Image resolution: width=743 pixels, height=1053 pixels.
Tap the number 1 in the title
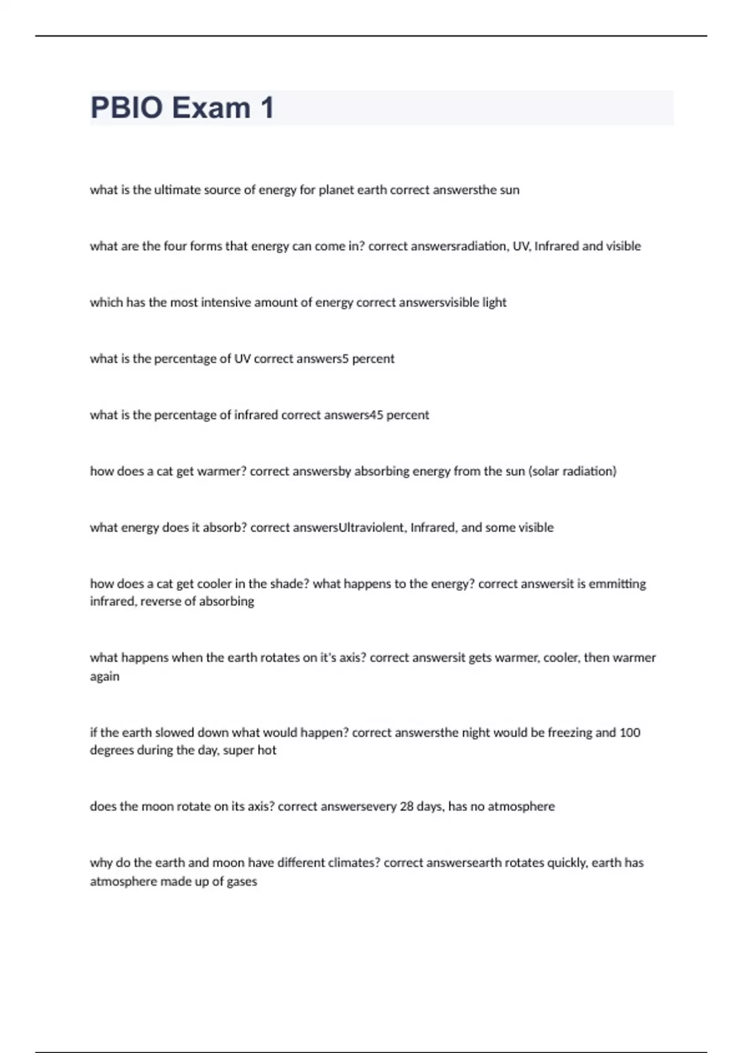(x=267, y=108)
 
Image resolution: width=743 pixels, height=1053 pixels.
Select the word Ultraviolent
(x=371, y=528)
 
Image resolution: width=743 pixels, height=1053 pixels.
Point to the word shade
(x=287, y=584)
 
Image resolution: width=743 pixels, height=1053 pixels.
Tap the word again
(x=105, y=677)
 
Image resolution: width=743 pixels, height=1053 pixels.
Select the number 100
(x=630, y=733)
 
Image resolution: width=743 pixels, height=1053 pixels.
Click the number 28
(x=406, y=806)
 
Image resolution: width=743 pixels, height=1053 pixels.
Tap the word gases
(x=242, y=881)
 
